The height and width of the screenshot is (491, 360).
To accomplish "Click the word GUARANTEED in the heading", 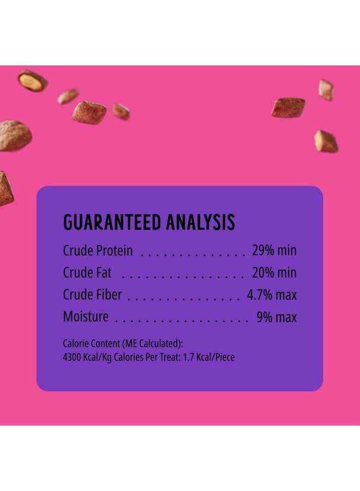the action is click(x=112, y=222).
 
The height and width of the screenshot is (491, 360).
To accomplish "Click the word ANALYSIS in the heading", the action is click(x=201, y=222).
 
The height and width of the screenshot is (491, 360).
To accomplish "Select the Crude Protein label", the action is click(x=98, y=250).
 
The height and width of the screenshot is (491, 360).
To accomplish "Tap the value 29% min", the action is click(x=274, y=250).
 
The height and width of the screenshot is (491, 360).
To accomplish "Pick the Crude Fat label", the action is click(x=87, y=272).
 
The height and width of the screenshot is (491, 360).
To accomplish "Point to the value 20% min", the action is click(x=274, y=272).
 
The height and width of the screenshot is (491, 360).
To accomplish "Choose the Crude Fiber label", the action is click(x=92, y=295).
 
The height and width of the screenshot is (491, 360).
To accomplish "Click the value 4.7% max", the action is click(x=272, y=295).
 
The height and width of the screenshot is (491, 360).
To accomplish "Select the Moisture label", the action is click(x=86, y=316).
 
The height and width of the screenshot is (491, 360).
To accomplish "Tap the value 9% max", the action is click(x=277, y=317).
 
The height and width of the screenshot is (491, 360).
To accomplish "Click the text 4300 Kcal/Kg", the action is click(x=87, y=357).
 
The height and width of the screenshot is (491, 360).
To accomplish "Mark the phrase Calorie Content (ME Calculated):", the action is click(x=123, y=344).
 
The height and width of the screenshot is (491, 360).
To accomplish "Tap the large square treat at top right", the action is click(x=289, y=107).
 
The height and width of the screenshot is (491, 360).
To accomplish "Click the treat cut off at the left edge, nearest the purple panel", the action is click(x=5, y=189).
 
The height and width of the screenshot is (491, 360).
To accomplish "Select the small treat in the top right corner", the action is click(x=326, y=90).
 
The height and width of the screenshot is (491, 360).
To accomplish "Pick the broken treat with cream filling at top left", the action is click(x=33, y=81).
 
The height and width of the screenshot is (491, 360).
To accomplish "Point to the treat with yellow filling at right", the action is click(x=326, y=141).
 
